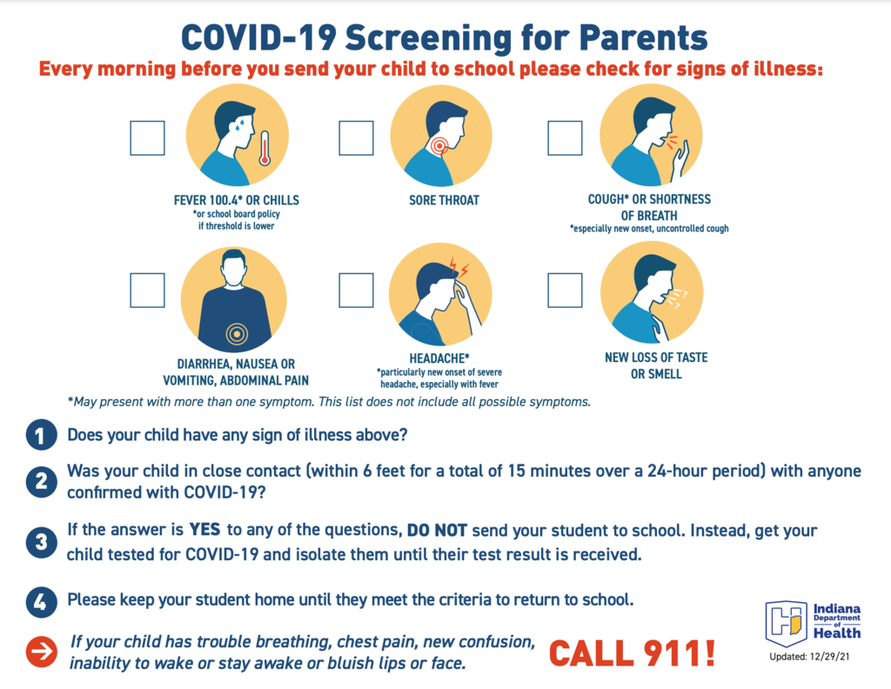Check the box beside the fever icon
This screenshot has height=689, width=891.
point(147,138)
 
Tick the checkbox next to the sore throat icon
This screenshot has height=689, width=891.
point(356,138)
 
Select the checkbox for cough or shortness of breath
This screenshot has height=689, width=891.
point(565,138)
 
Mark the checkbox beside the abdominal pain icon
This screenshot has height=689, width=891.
point(147,291)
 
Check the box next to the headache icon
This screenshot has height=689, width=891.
point(356,291)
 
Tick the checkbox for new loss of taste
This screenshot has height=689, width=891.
point(565,291)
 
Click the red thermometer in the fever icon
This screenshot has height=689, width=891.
point(265,149)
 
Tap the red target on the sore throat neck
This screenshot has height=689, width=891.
point(439,146)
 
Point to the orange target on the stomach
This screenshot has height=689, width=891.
point(237,334)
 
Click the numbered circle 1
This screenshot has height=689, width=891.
point(41,435)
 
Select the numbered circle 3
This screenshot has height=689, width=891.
point(41,542)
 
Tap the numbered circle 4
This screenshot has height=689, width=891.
point(41,601)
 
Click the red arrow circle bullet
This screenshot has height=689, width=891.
point(41,652)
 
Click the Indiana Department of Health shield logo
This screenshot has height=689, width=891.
point(787,623)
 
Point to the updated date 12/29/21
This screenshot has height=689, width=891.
point(829,657)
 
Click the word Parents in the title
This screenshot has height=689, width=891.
point(643,38)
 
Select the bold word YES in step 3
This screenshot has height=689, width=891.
point(204,530)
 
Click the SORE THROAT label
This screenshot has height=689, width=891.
point(445,200)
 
